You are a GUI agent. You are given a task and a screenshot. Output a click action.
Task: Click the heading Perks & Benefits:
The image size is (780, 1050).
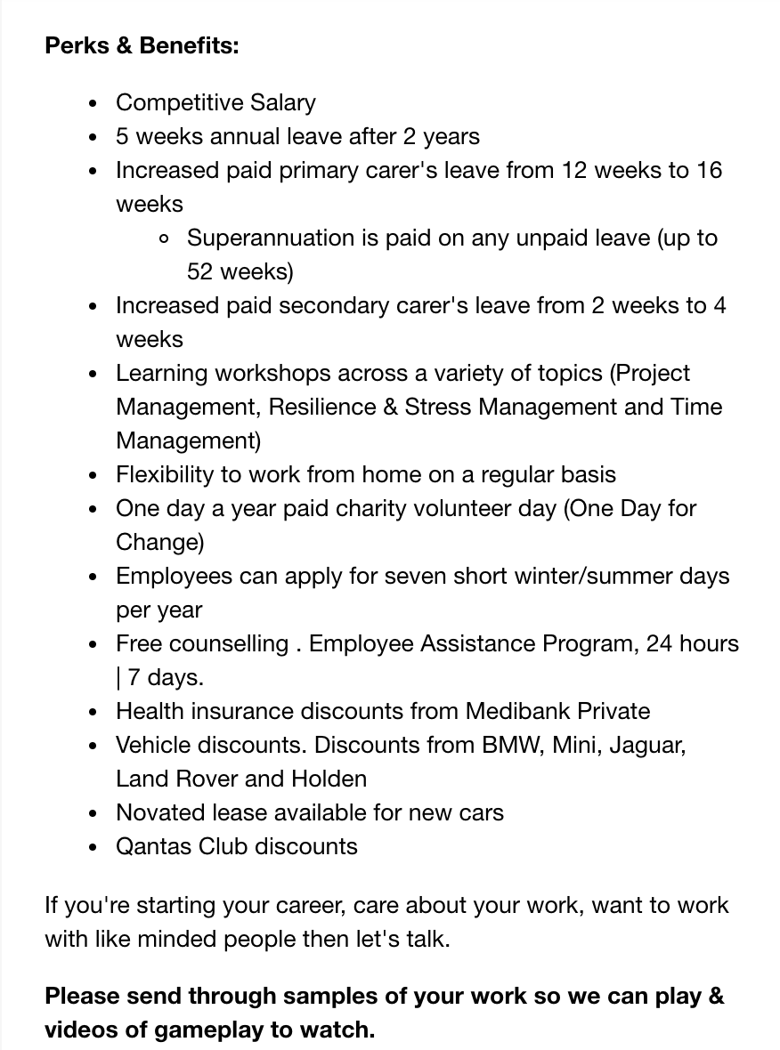(142, 45)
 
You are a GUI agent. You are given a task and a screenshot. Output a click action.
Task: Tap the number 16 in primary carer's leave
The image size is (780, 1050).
(709, 170)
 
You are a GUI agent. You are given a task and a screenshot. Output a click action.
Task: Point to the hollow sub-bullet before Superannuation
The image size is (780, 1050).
(163, 238)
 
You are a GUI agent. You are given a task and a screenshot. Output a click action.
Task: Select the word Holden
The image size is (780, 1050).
(329, 779)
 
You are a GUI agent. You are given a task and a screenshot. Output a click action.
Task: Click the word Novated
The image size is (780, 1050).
(160, 812)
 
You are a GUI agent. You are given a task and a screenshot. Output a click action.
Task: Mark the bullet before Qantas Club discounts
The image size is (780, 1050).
(93, 847)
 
